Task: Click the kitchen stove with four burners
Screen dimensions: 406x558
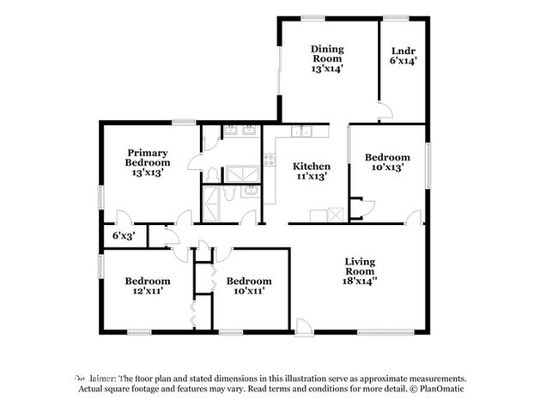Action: point(270,160)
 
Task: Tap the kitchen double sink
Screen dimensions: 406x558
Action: point(300,131)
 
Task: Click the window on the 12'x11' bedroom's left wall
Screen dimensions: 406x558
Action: point(101,265)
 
